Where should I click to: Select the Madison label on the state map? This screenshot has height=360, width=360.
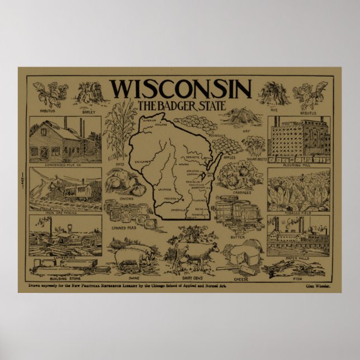coord(172,200)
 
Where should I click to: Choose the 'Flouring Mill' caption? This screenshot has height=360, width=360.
coord(299,166)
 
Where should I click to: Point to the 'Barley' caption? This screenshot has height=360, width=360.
coord(89,112)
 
